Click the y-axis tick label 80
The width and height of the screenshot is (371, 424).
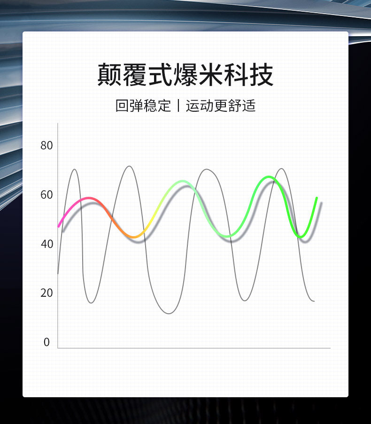pos(46,146)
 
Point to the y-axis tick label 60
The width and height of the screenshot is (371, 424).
pos(46,195)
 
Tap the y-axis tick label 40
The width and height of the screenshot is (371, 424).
pos(46,244)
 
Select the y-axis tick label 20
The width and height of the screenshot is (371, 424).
pos(46,293)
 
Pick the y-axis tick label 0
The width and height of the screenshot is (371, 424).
pos(46,342)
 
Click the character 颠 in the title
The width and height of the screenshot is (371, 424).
pos(109,75)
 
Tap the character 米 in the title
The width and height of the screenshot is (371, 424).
pos(211,75)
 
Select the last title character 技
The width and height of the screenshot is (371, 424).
pos(261,75)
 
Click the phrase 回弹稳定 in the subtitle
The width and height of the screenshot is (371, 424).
pos(143,106)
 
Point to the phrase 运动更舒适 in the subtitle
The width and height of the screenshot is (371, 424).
pos(220,106)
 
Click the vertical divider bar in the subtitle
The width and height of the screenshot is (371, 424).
pos(178,106)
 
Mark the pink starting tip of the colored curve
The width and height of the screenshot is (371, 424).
pos(59,226)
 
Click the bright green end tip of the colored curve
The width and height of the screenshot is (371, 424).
pos(317,198)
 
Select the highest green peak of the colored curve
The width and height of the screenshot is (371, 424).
pos(269,177)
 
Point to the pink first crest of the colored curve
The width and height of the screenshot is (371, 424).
pos(89,198)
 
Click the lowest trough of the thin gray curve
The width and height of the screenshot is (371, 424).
pos(169,314)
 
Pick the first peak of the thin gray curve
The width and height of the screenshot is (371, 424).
pos(74,170)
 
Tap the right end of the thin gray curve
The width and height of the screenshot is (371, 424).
pos(314,301)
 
